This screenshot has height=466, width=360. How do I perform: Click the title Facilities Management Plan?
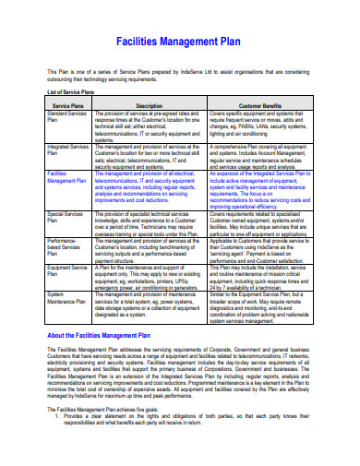180,42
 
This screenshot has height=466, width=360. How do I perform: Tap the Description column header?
149,106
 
